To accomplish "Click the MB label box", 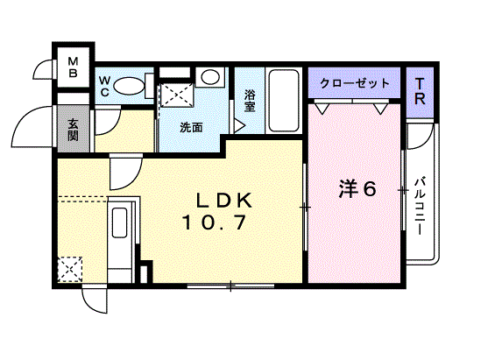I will tap(74, 67).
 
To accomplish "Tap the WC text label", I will tap(103, 85).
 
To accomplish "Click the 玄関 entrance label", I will tap(73, 130).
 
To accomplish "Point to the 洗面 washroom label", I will tap(191, 127).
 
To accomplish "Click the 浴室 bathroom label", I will tap(250, 100).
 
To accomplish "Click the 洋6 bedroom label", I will tap(357, 188).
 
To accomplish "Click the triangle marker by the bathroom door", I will tap(237, 125).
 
